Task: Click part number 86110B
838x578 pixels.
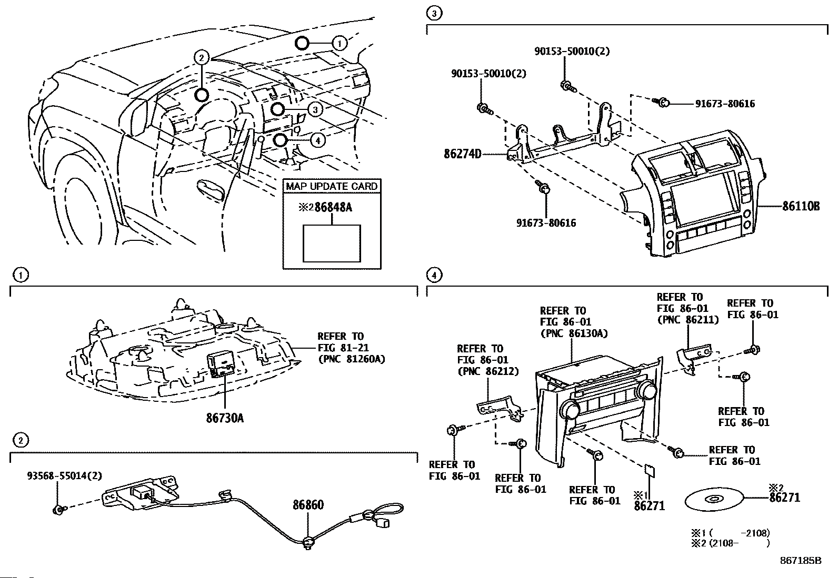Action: [x=801, y=207]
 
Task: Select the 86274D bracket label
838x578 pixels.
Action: [x=463, y=155]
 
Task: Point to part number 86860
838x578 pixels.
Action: [x=308, y=505]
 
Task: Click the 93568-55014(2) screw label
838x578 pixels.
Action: [x=64, y=475]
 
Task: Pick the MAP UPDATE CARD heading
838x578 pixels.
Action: [x=332, y=186]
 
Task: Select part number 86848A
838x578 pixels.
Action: [x=333, y=207]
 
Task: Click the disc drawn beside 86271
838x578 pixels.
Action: [x=713, y=499]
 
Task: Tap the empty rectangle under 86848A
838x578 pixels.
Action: [x=332, y=243]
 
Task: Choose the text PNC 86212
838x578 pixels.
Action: [x=487, y=371]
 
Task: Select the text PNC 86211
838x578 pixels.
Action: [x=687, y=319]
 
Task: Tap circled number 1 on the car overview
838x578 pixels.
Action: [x=340, y=43]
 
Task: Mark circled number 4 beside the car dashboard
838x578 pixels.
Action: [x=317, y=140]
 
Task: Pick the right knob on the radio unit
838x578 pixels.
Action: [x=646, y=391]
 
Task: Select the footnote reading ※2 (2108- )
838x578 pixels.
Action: [x=730, y=543]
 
